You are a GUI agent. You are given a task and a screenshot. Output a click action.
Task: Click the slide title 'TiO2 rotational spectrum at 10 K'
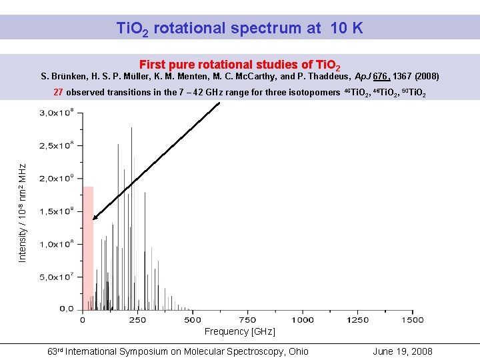click(x=239, y=29)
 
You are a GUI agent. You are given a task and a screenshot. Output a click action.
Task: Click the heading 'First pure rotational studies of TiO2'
click(x=240, y=65)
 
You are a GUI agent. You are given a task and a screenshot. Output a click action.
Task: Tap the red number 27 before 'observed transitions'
click(x=58, y=92)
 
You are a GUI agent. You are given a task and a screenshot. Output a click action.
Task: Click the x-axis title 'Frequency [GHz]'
click(x=239, y=331)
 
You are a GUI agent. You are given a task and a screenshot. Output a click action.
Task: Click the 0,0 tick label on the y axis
click(x=67, y=309)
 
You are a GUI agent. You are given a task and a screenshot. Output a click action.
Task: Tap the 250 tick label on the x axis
click(x=137, y=320)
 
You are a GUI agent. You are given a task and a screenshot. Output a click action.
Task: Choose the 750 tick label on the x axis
click(x=247, y=320)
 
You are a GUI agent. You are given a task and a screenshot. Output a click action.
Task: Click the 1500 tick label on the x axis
click(x=413, y=320)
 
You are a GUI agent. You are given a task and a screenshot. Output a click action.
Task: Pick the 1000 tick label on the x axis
click(x=303, y=320)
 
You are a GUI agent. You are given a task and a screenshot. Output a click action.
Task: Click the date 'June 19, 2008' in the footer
click(x=403, y=351)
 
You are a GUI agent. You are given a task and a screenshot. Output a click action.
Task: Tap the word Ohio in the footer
click(x=297, y=351)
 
